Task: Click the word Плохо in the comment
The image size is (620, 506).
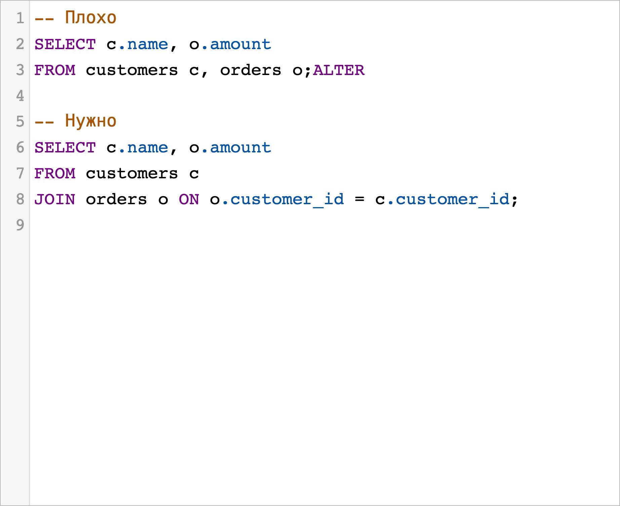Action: click(x=91, y=18)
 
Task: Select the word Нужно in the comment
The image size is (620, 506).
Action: click(x=91, y=121)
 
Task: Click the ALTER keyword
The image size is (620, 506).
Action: click(x=339, y=70)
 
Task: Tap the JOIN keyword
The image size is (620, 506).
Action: click(x=55, y=200)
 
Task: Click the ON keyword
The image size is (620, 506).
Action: click(x=189, y=200)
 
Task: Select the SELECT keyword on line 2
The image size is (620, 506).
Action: click(x=65, y=44)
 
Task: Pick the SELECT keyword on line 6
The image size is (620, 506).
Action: click(x=65, y=148)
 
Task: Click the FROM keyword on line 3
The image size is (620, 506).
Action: click(x=55, y=70)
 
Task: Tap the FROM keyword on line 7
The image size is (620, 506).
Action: click(x=55, y=174)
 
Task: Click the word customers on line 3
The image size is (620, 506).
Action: click(x=132, y=70)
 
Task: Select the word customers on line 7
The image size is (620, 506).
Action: click(x=132, y=174)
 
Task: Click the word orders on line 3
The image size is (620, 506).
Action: click(x=250, y=70)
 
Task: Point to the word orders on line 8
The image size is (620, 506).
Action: click(x=116, y=200)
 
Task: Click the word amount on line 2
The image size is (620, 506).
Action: click(x=240, y=44)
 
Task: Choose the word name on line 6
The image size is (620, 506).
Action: click(x=148, y=148)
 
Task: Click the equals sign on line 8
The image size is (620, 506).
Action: click(x=359, y=200)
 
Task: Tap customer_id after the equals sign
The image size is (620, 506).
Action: click(x=453, y=200)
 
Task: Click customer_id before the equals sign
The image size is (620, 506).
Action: click(x=287, y=200)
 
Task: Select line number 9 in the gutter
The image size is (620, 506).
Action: click(x=20, y=225)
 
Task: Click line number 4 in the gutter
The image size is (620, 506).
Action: click(x=20, y=96)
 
